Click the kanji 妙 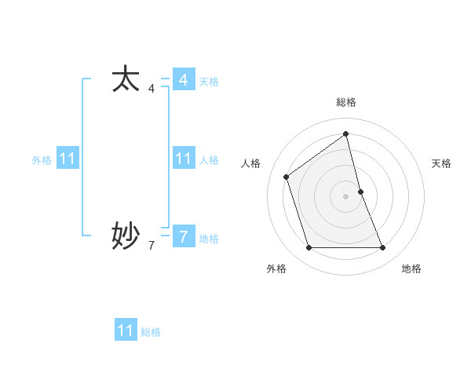pos(126,235)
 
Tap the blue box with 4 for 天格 pos(183,80)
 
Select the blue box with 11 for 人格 pos(183,159)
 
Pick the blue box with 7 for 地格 pos(183,236)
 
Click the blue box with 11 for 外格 pos(68,159)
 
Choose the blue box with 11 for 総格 pos(126,331)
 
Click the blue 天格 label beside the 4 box pos(209,82)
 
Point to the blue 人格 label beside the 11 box pos(209,160)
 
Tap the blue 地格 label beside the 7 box pos(209,239)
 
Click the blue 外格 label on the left pos(42,160)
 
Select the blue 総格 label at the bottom pos(151,332)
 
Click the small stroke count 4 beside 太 pos(152,89)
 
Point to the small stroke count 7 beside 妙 pos(152,246)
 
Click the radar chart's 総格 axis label pos(346,102)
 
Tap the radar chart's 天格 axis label pos(442,163)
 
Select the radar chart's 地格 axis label pos(411,269)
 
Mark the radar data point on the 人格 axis pos(287,177)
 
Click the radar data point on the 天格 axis pos(360,192)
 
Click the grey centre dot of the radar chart pos(346,195)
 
